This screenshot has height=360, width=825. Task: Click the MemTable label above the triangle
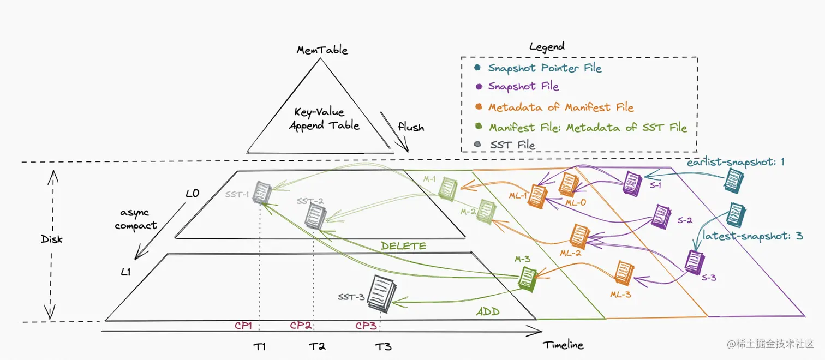pyautogui.click(x=322, y=50)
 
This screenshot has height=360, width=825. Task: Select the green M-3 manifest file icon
pyautogui.click(x=527, y=278)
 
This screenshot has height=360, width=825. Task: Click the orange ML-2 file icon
pyautogui.click(x=578, y=236)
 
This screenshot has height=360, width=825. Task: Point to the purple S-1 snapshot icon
pyautogui.click(x=633, y=181)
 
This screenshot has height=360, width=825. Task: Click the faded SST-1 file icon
pyautogui.click(x=262, y=193)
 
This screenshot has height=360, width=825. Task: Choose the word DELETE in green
pyautogui.click(x=403, y=246)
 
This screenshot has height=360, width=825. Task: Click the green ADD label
pyautogui.click(x=488, y=312)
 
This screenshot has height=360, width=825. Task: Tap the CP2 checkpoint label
pyautogui.click(x=301, y=326)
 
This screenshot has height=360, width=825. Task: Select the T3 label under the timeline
pyautogui.click(x=383, y=346)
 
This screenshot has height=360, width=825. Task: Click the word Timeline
pyautogui.click(x=563, y=345)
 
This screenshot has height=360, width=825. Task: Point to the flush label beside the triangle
pyautogui.click(x=411, y=127)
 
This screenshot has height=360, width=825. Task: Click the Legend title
pyautogui.click(x=547, y=47)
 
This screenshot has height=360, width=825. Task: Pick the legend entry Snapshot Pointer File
pyautogui.click(x=544, y=68)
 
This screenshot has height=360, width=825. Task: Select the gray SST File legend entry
pyautogui.click(x=512, y=145)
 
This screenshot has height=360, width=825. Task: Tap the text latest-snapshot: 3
pyautogui.click(x=752, y=236)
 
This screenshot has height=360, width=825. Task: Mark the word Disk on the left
pyautogui.click(x=51, y=239)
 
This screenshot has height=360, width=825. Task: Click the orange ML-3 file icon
pyautogui.click(x=623, y=272)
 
